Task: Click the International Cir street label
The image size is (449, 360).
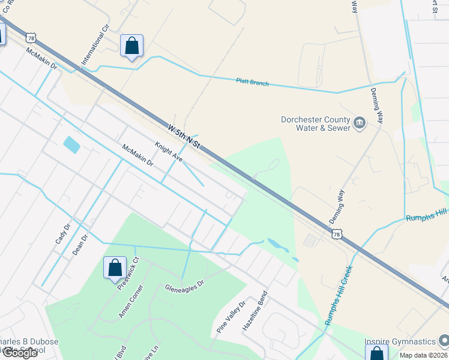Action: pyautogui.click(x=95, y=45)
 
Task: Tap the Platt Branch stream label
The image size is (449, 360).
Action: pyautogui.click(x=252, y=83)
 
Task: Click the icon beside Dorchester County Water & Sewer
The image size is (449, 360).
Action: pyautogui.click(x=360, y=123)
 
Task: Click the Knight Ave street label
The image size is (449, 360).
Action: pyautogui.click(x=169, y=152)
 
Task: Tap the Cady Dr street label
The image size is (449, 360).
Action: pyautogui.click(x=63, y=233)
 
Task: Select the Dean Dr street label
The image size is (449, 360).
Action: pyautogui.click(x=80, y=245)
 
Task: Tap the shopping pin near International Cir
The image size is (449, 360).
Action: pyautogui.click(x=131, y=46)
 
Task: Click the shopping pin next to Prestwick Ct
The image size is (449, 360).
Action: pyautogui.click(x=115, y=268)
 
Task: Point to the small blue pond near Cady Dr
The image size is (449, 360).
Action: pyautogui.click(x=71, y=145)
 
